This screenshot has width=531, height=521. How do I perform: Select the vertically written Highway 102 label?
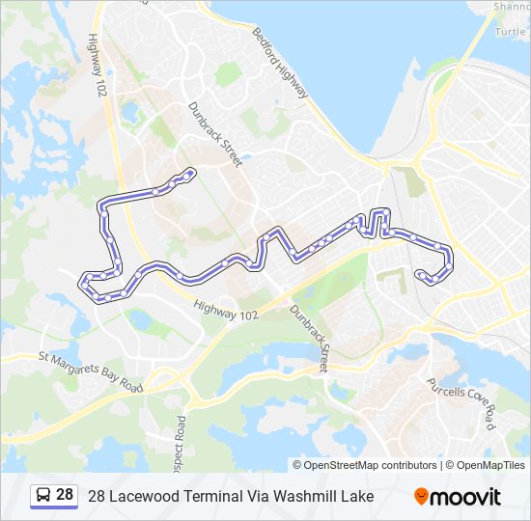click(97, 66)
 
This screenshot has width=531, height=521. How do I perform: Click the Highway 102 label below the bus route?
click(226, 310)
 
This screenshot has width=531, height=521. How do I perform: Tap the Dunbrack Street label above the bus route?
click(213, 134)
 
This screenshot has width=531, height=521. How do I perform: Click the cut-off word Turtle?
click(512, 31)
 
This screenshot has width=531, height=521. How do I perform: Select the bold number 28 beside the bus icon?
click(65, 495)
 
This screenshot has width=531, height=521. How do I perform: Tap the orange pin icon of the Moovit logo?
click(421, 496)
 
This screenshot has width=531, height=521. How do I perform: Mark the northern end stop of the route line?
click(191, 173)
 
